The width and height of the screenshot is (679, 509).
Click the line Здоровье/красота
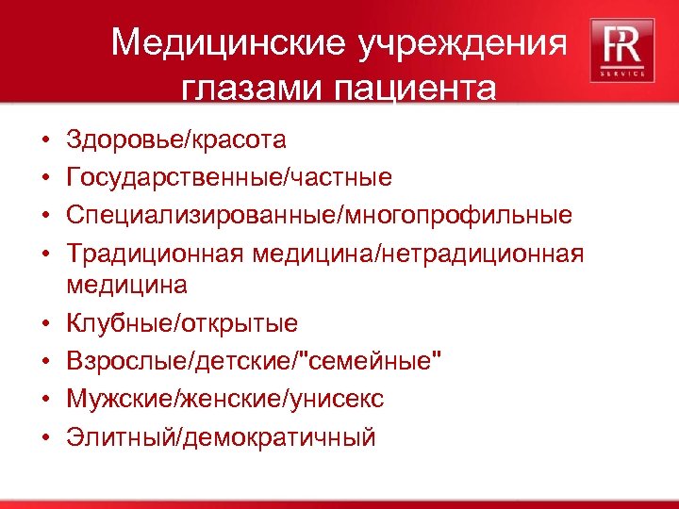[x=175, y=141]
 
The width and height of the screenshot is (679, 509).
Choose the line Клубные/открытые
[x=182, y=324]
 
